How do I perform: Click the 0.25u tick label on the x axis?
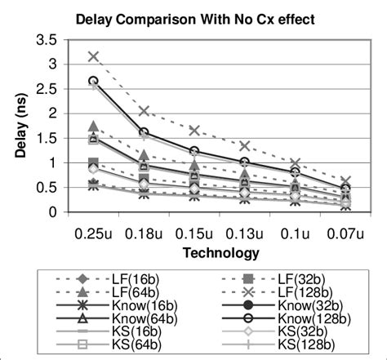point(94,233)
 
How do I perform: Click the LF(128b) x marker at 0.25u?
point(94,56)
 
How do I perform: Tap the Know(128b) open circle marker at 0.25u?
point(94,81)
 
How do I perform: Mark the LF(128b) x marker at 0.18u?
point(145,110)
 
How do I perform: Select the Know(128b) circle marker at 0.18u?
point(145,132)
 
